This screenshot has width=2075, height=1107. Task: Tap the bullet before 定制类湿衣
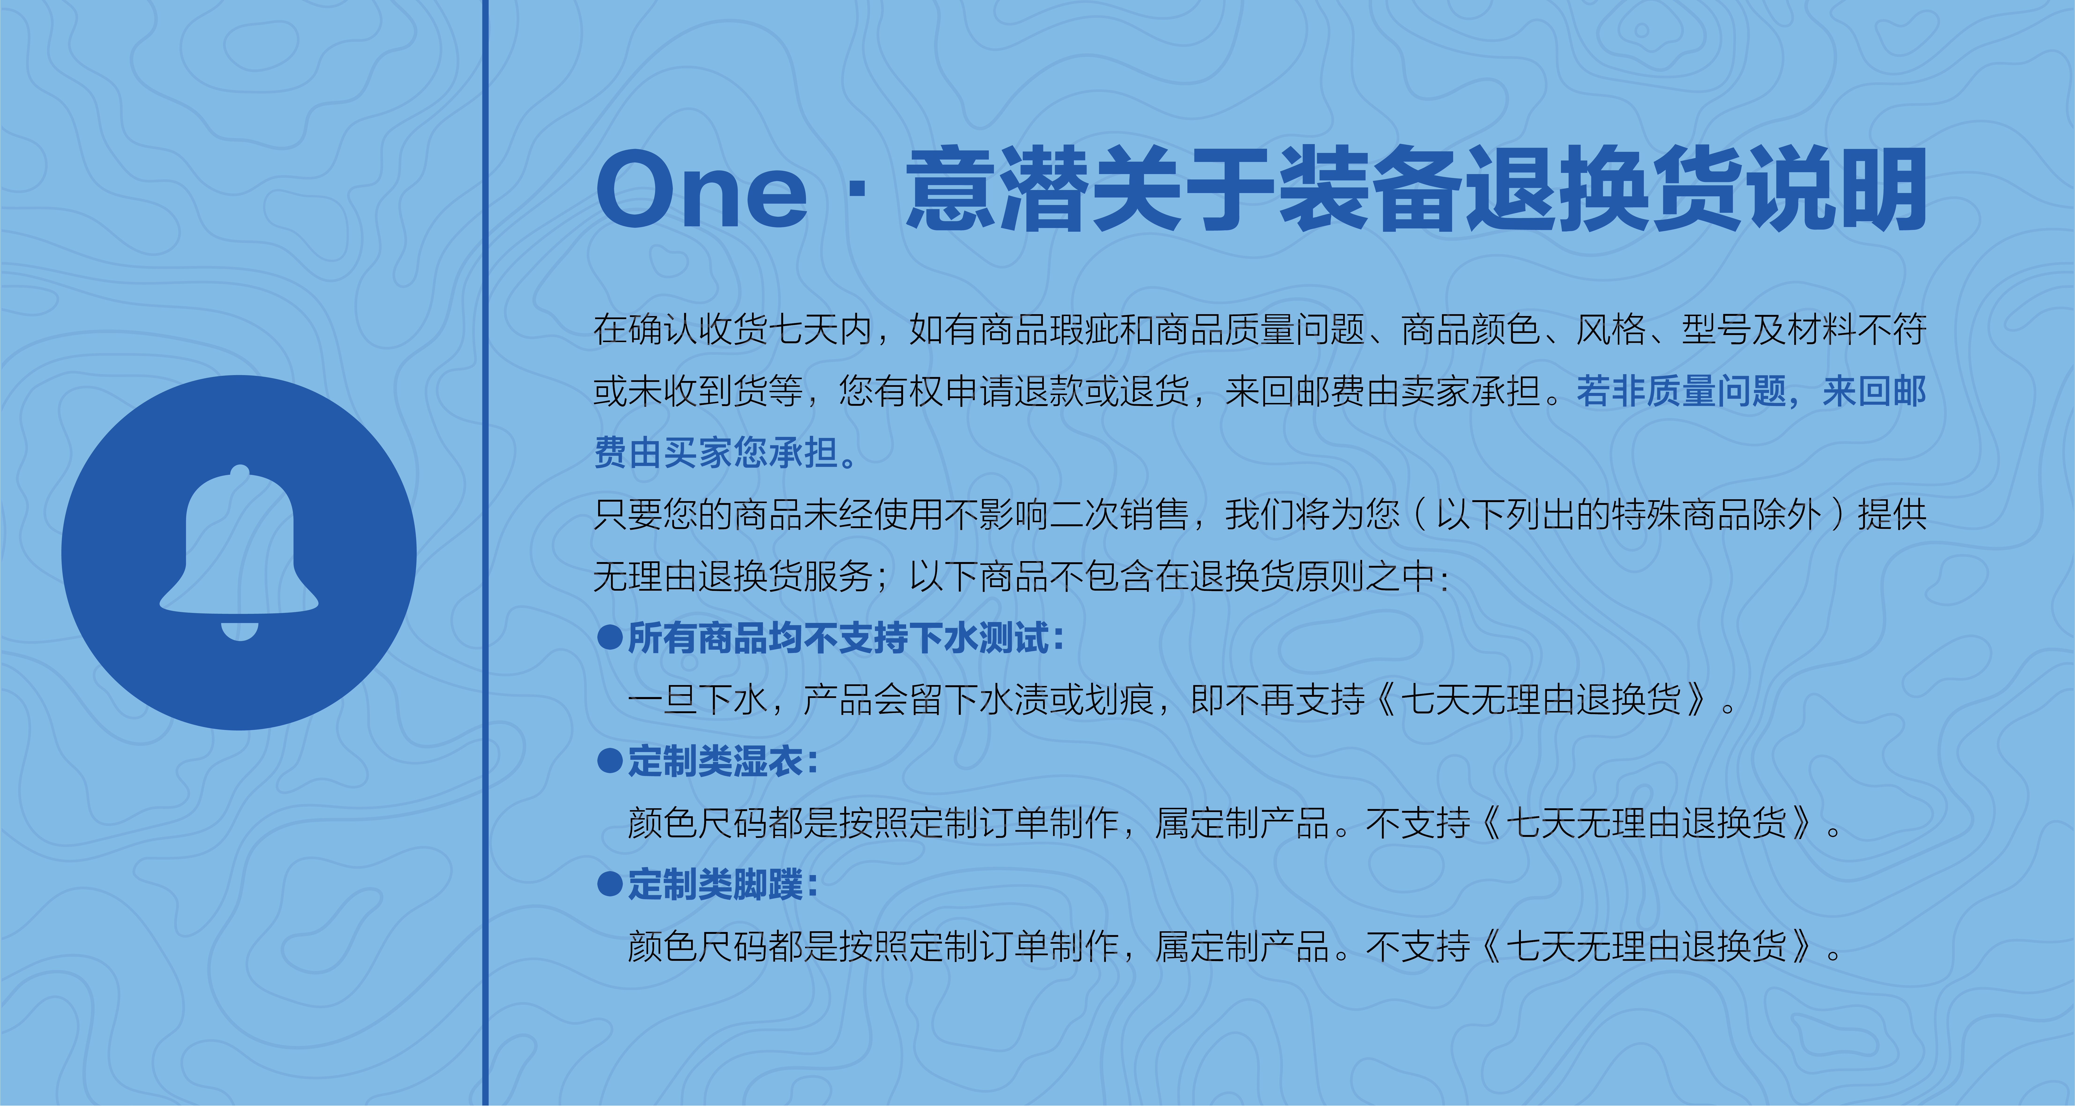click(x=610, y=761)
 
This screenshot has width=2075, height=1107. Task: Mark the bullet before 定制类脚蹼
click(x=610, y=885)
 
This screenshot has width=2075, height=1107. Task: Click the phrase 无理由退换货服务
click(x=733, y=576)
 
